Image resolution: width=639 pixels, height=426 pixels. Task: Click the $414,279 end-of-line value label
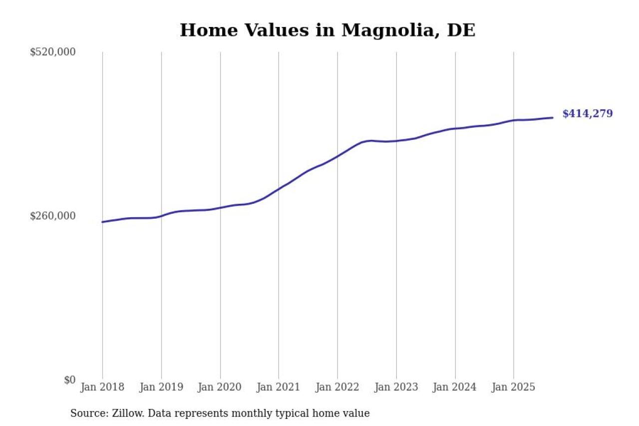point(587,114)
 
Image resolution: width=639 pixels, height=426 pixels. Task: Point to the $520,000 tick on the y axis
point(53,52)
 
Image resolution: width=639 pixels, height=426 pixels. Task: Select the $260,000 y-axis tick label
point(53,216)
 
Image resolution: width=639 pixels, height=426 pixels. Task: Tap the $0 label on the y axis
point(69,380)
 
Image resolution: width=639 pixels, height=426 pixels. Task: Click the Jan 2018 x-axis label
point(102,388)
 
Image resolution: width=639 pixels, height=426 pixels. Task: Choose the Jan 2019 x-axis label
point(161,388)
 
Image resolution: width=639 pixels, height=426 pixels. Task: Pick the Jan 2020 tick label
point(220,388)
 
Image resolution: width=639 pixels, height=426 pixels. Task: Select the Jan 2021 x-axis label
point(279,388)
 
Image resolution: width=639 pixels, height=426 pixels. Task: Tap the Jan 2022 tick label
point(337,388)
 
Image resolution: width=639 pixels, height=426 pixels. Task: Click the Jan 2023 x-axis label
point(396,388)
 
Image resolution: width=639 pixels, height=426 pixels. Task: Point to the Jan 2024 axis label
point(455,388)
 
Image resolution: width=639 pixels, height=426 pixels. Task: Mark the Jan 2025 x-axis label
point(514,388)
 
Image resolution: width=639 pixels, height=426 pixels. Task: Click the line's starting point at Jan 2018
point(102,222)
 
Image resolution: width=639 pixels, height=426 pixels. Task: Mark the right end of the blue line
point(552,118)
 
